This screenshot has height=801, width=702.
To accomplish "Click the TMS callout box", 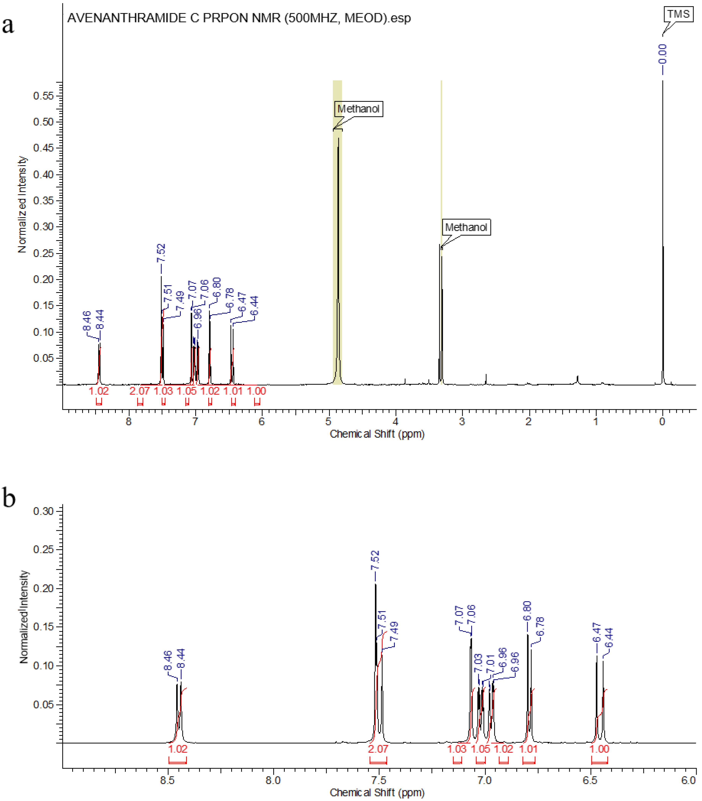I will [678, 15].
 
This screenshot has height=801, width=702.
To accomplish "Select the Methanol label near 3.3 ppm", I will [466, 227].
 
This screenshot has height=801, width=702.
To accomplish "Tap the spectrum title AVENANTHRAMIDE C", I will [239, 18].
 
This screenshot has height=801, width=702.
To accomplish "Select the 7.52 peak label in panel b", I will [375, 560].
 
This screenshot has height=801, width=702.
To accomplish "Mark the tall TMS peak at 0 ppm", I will [662, 235].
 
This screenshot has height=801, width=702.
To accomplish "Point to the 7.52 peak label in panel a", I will [161, 253].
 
